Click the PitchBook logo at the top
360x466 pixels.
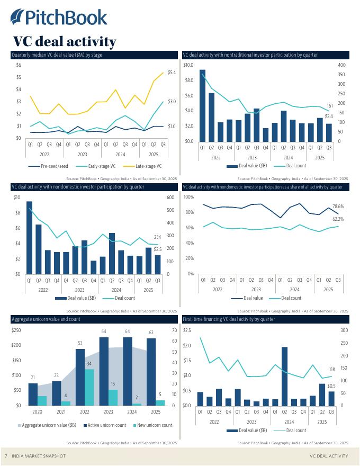click(59, 17)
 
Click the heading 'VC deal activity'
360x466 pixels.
click(64, 41)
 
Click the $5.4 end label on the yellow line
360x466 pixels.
click(172, 72)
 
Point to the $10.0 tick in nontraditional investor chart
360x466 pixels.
click(188, 65)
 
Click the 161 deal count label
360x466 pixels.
click(329, 106)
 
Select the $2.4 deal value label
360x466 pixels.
click(328, 116)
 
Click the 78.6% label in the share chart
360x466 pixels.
click(338, 206)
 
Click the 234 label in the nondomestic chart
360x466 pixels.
click(157, 237)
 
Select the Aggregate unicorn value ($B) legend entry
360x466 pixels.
click(48, 425)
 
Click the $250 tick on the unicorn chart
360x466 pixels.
click(16, 330)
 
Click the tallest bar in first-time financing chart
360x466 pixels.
click(284, 376)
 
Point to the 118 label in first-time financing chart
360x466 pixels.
click(332, 369)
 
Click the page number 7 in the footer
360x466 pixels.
click(6, 456)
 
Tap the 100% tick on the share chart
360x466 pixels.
click(188, 197)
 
